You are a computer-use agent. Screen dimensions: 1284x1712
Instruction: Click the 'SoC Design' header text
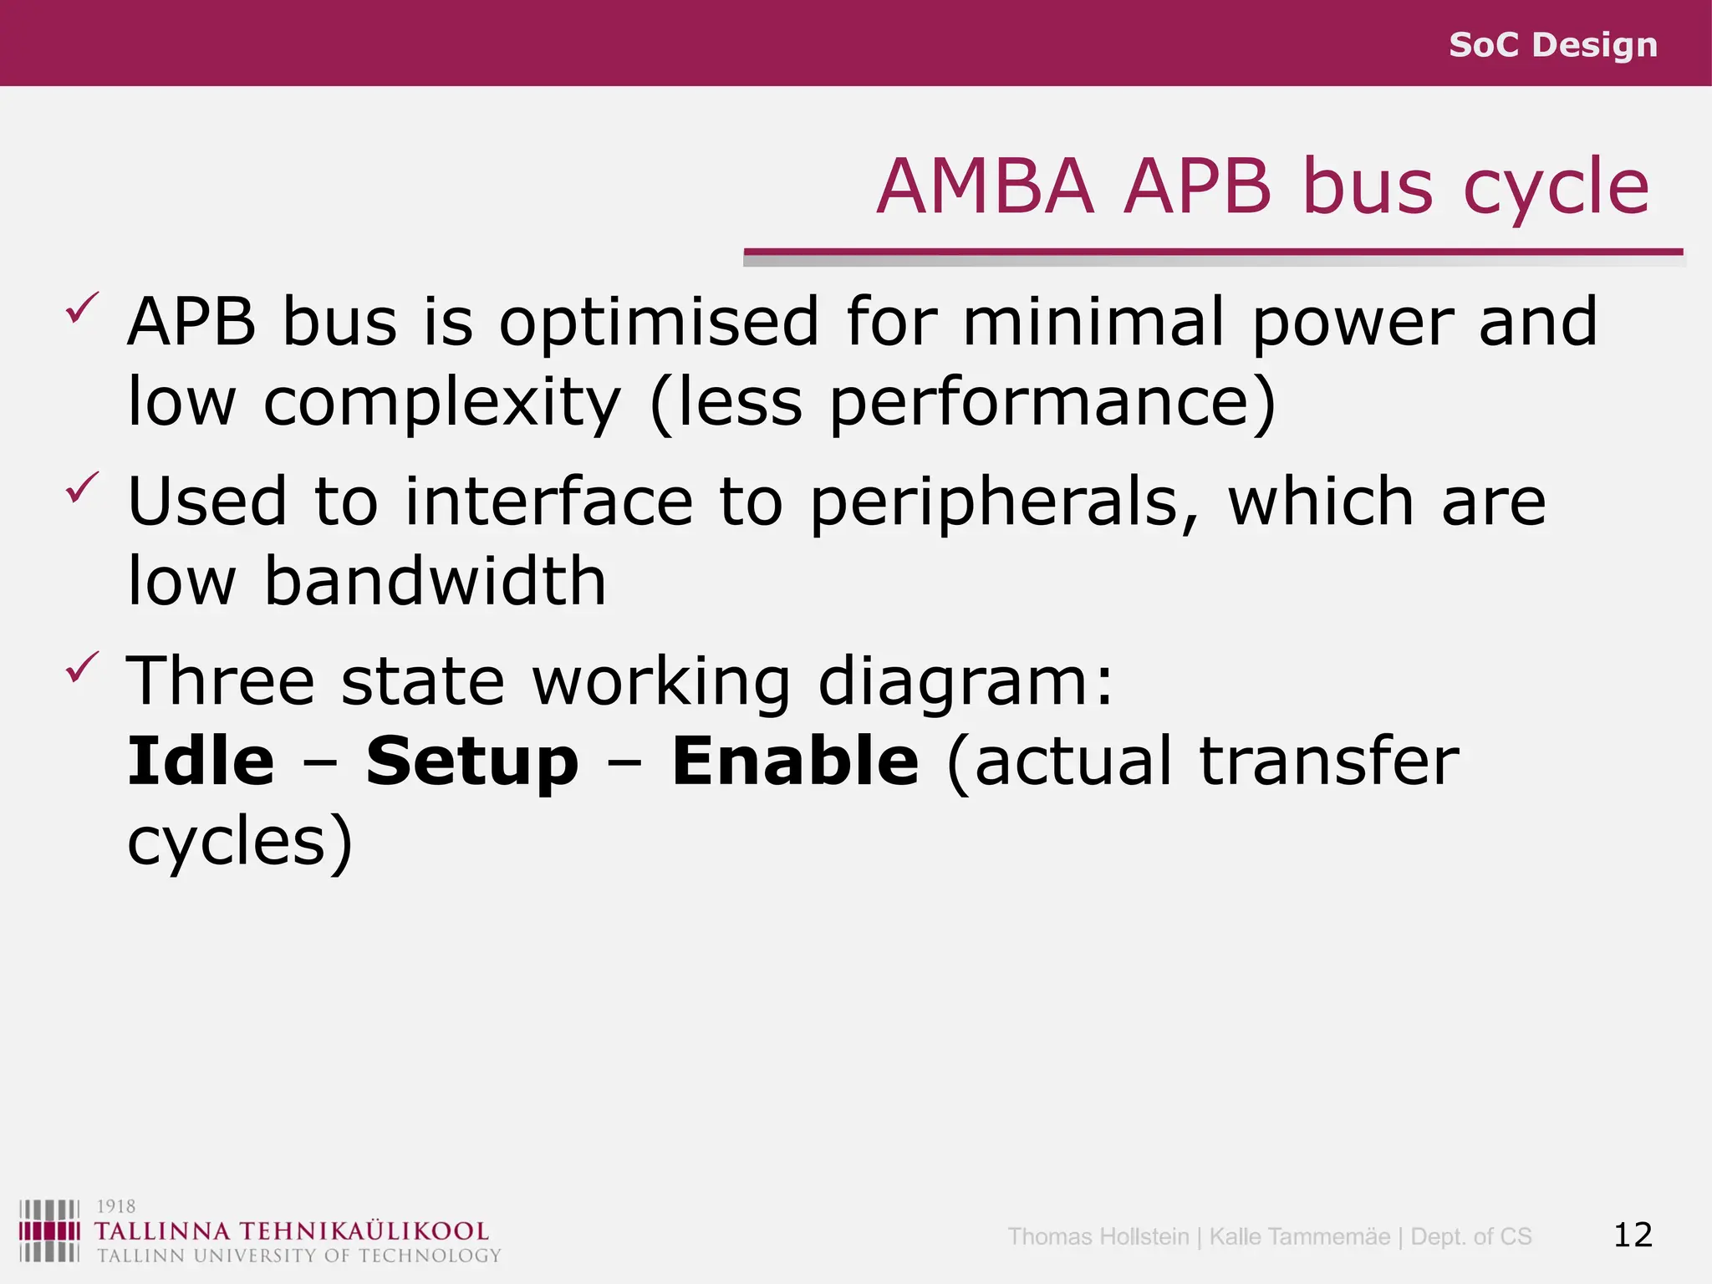(1552, 45)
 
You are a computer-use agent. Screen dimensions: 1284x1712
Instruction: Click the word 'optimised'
(659, 322)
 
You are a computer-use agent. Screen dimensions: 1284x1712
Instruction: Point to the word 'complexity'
(442, 402)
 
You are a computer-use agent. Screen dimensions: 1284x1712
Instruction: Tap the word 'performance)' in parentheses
(1052, 402)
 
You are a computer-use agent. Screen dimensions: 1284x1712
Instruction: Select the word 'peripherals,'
(1005, 502)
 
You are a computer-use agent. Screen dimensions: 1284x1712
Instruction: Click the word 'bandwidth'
(435, 581)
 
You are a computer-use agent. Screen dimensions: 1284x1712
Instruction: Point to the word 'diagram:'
(966, 681)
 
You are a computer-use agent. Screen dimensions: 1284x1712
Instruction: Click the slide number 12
(1633, 1235)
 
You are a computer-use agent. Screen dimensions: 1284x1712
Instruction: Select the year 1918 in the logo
(115, 1206)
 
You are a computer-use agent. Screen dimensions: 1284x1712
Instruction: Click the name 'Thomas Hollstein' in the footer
(1098, 1236)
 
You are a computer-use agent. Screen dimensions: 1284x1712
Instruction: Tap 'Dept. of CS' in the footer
(1470, 1236)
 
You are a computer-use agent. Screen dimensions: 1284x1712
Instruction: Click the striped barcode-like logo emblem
(49, 1230)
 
